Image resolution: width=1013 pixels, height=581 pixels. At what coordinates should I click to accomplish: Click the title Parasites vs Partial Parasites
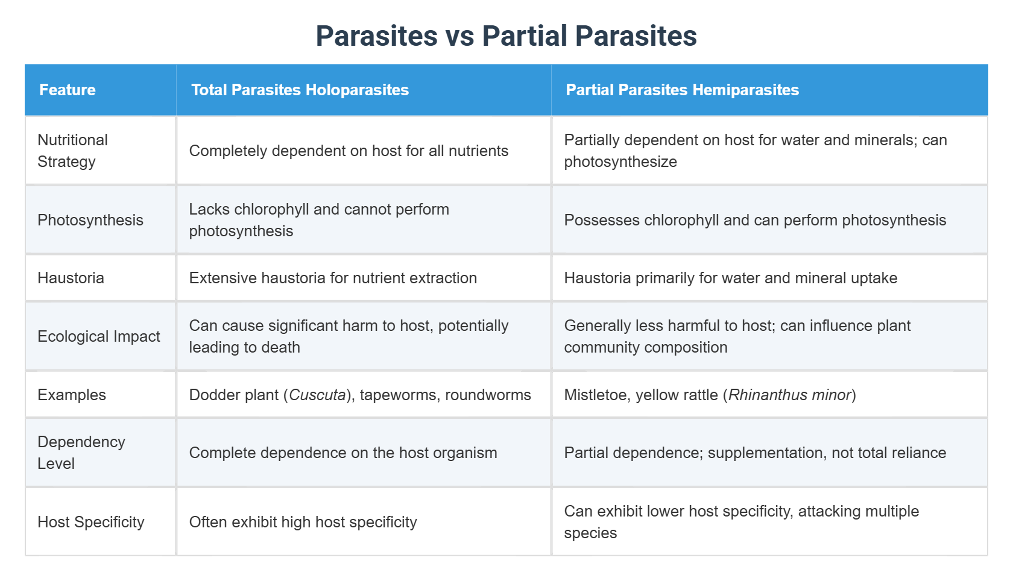pyautogui.click(x=506, y=36)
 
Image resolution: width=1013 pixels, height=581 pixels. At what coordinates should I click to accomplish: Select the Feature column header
pyautogui.click(x=68, y=90)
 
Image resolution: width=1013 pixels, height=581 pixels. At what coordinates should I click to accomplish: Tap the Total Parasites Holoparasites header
pyautogui.click(x=300, y=90)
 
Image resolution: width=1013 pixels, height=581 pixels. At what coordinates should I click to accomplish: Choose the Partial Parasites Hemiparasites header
pyautogui.click(x=682, y=90)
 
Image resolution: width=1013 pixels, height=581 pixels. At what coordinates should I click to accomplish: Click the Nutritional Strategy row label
pyautogui.click(x=72, y=151)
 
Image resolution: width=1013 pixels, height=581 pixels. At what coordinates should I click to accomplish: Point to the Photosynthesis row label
pyautogui.click(x=90, y=220)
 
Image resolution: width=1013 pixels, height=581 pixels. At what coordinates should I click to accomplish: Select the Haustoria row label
pyautogui.click(x=71, y=278)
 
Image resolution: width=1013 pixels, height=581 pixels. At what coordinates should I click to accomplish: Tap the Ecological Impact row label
pyautogui.click(x=99, y=336)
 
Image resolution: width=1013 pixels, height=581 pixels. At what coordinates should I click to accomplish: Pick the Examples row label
pyautogui.click(x=72, y=395)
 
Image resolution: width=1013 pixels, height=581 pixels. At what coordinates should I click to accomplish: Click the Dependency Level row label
pyautogui.click(x=81, y=453)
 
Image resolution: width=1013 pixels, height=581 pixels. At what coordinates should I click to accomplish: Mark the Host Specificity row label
pyautogui.click(x=91, y=522)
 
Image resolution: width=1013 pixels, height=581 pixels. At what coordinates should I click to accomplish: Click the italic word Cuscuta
pyautogui.click(x=317, y=395)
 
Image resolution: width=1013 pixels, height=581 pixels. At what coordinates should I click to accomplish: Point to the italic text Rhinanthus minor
pyautogui.click(x=789, y=395)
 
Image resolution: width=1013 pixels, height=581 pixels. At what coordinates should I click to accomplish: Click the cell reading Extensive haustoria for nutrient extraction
pyautogui.click(x=333, y=278)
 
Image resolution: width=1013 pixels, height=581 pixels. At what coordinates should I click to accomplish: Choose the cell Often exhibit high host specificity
pyautogui.click(x=303, y=522)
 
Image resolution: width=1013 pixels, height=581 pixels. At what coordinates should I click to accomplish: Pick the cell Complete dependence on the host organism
pyautogui.click(x=343, y=453)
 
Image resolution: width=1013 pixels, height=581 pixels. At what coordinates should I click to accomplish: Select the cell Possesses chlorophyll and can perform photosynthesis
pyautogui.click(x=755, y=220)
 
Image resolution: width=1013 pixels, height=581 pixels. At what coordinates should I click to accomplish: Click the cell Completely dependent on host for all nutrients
pyautogui.click(x=349, y=151)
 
